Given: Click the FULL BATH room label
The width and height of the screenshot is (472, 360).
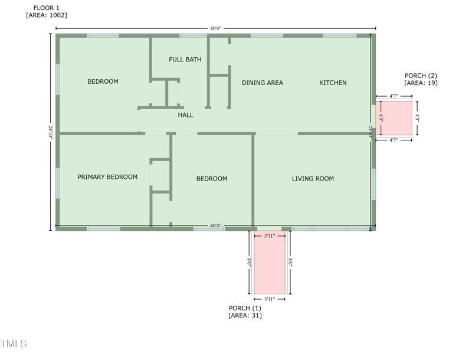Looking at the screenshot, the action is point(185,60).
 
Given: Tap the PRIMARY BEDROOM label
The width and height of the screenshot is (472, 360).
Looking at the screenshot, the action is point(107,177).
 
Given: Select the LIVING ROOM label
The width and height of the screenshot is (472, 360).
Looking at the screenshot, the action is point(313,178).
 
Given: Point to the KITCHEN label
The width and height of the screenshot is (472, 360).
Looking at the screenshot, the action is point(333,83).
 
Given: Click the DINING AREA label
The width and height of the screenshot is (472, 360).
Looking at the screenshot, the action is point(263,83).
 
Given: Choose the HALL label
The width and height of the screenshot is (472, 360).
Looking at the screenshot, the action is point(185,115).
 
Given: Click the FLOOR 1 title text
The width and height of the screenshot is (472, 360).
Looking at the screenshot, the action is point(47,8).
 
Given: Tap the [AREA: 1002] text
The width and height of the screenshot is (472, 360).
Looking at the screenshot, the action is point(47,15).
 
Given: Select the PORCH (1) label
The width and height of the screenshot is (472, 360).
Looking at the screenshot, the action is point(245,308).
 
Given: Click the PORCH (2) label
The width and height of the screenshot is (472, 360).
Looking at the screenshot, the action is point(421,76).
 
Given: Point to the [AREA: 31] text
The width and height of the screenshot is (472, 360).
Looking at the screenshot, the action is point(245,316).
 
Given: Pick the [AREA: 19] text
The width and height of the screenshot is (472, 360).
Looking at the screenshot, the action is point(421,83).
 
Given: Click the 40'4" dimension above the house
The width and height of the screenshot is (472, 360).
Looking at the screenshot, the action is point(215,28).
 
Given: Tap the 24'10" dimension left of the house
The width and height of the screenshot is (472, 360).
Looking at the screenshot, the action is point(50,132).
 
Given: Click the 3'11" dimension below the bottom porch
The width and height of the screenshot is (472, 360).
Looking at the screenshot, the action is point(270,299).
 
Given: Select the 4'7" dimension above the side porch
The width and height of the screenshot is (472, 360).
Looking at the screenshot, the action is point(394,96).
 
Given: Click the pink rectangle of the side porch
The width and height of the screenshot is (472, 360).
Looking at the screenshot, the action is point(394,118).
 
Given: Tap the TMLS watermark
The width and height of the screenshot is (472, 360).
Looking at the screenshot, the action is point(14,343).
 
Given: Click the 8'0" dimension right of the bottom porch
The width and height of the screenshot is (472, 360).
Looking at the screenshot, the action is point(290,262).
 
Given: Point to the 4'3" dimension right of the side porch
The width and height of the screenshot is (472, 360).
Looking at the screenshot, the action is point(417,117).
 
